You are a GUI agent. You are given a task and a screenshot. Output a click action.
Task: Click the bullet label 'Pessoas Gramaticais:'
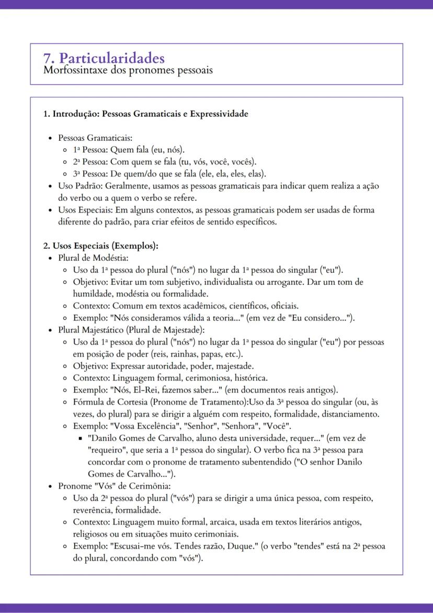87,138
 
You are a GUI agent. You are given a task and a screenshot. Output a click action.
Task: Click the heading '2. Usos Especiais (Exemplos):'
100,246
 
